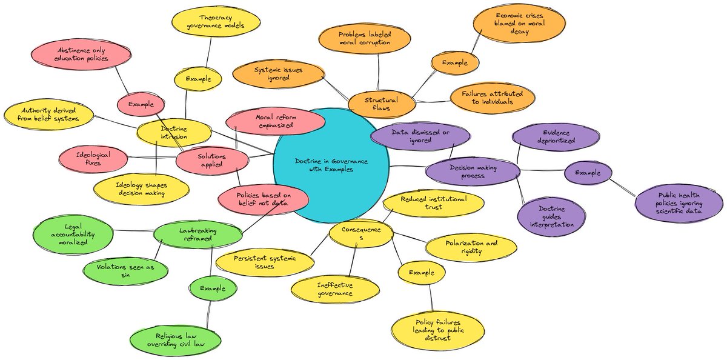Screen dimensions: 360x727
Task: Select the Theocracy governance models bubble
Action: click(216, 21)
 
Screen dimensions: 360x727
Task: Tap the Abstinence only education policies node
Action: click(81, 55)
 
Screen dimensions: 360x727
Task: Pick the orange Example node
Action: click(455, 62)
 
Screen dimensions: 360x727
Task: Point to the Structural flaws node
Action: click(382, 104)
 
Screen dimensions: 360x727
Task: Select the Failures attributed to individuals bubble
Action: click(493, 98)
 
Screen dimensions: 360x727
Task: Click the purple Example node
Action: click(588, 173)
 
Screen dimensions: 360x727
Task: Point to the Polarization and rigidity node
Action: click(471, 247)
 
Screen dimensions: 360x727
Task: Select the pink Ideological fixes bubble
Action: click(93, 159)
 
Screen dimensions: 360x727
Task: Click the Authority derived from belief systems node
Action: click(48, 114)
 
